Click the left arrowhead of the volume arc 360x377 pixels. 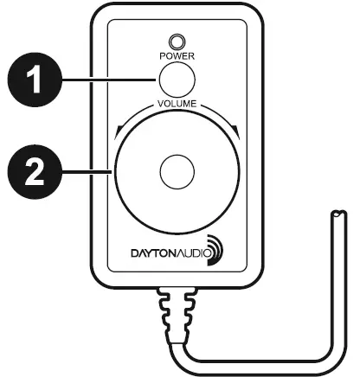tap(119, 130)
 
